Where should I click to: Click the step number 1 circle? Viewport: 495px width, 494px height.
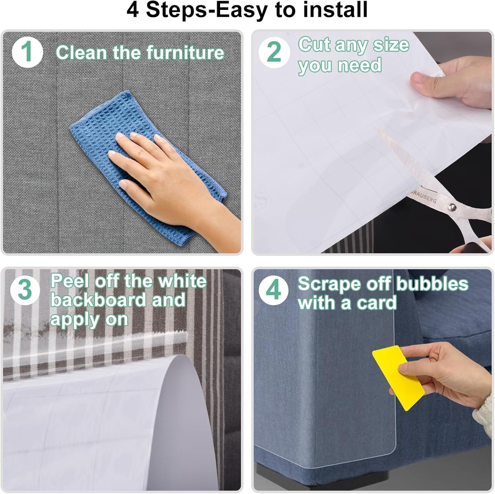[27, 53]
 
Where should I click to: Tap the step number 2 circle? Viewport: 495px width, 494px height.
[274, 53]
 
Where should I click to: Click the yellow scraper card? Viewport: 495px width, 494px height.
[398, 377]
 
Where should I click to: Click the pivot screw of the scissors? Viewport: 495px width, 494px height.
[452, 207]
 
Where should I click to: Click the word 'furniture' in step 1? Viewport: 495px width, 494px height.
[185, 53]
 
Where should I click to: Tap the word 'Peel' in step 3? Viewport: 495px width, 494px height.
[70, 281]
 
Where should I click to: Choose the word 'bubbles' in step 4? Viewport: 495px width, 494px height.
[432, 284]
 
